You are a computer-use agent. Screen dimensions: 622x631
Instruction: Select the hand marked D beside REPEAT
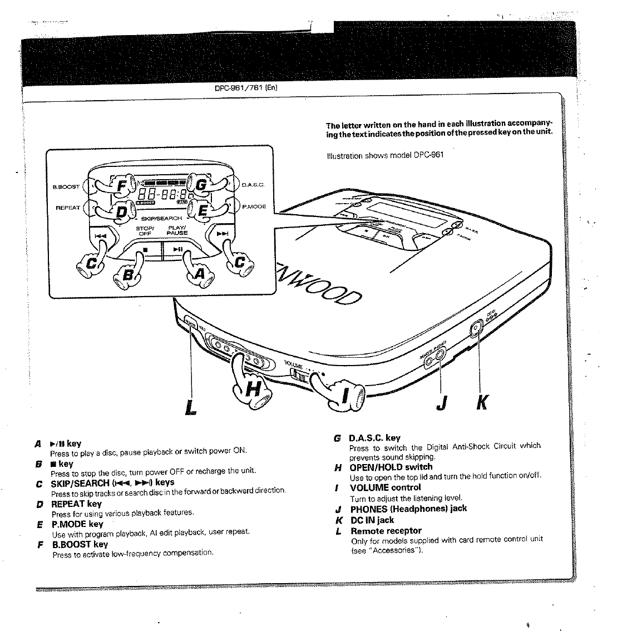[118, 211]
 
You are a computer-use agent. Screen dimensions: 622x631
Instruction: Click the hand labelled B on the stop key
[129, 275]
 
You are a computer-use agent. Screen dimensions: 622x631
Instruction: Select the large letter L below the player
[191, 407]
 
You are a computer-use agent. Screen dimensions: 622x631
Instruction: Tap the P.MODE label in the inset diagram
[254, 206]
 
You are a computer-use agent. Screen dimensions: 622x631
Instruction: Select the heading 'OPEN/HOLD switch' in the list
[391, 467]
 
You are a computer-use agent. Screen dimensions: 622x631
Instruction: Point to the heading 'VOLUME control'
[385, 487]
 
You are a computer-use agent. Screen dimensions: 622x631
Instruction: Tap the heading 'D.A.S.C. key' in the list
[374, 438]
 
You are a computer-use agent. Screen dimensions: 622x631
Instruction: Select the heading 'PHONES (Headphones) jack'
[408, 509]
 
